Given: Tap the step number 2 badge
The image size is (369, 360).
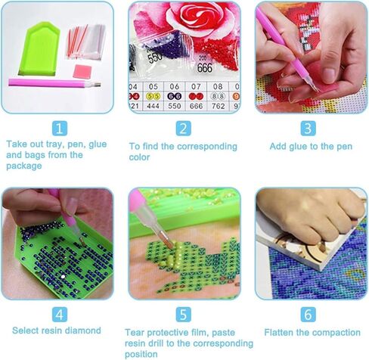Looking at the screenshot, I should [184, 129].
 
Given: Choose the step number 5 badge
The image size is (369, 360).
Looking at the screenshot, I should [184, 312].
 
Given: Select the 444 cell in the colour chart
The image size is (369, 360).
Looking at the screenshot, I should [155, 107].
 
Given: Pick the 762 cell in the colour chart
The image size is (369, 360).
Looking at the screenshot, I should [219, 107].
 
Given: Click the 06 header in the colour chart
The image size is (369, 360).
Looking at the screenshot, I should [175, 87].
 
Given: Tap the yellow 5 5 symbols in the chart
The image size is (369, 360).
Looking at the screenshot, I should [154, 97].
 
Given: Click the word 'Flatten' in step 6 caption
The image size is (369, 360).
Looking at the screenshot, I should [281, 332].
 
